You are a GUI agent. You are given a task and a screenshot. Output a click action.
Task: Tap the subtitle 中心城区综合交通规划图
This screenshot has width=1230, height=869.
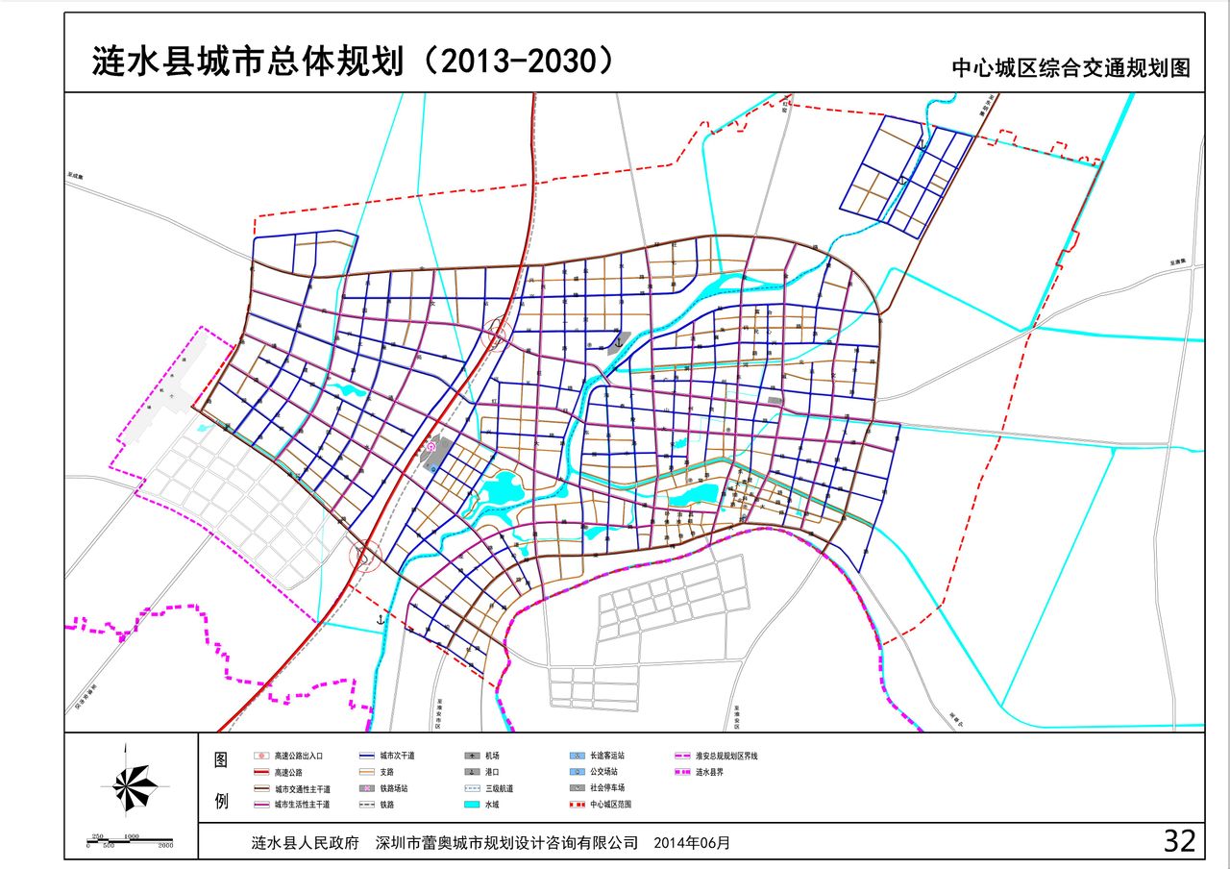[1070, 68]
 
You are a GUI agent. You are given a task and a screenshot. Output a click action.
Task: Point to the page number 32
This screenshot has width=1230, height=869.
[1179, 841]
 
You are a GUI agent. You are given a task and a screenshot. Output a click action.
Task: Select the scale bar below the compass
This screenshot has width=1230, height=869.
[130, 840]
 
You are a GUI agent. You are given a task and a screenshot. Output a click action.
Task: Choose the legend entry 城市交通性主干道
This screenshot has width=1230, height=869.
[301, 787]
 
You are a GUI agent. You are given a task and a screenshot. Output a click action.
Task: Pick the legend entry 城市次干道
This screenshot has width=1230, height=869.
[396, 756]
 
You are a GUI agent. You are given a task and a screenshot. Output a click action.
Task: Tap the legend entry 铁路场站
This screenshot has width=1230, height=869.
[394, 787]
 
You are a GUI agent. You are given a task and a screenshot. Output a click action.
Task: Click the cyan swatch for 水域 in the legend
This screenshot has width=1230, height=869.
[472, 804]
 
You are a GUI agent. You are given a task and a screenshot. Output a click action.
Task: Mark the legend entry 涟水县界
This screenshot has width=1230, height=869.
[712, 772]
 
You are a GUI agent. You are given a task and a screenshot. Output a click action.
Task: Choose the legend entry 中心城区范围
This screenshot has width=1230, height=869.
[611, 804]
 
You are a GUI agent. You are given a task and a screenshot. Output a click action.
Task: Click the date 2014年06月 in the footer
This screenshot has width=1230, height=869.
[691, 842]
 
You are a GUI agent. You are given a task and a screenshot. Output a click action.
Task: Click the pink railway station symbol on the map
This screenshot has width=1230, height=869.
[431, 445]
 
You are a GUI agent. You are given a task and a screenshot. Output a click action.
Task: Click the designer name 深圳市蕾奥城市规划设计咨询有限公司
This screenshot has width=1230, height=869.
[506, 842]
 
